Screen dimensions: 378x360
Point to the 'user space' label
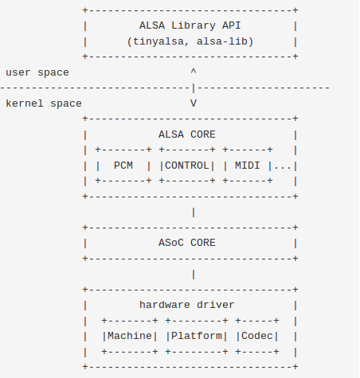(37, 72)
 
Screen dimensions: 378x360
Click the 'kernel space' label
(43, 103)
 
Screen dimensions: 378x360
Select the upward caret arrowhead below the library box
(193, 72)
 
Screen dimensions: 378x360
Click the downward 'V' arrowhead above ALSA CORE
(193, 103)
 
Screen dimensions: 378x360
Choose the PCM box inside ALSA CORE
(123, 166)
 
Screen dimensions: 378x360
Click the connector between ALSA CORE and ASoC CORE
(193, 212)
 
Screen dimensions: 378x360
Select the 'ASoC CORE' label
(187, 243)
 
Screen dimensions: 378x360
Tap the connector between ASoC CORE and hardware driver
(193, 274)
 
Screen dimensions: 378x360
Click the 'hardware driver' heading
(187, 305)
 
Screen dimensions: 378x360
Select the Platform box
(197, 336)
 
